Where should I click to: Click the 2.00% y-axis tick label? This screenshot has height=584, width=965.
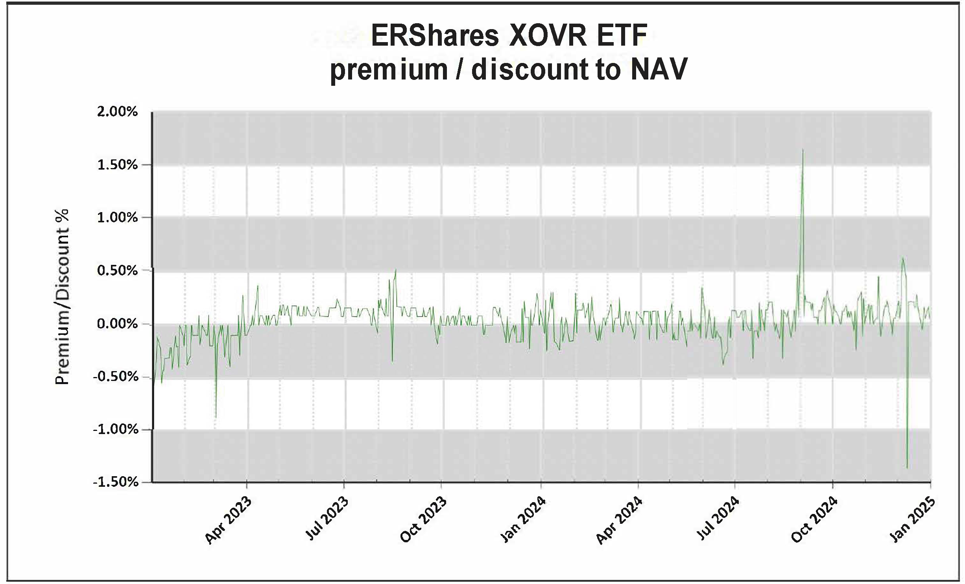tap(118, 112)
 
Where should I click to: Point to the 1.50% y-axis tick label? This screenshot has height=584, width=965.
tap(118, 165)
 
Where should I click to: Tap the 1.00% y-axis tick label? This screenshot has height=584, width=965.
tap(118, 218)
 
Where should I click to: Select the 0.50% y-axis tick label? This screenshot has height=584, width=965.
tap(118, 271)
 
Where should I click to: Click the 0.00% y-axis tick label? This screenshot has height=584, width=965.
tap(118, 324)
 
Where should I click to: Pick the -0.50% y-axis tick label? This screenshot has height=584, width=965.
tap(116, 377)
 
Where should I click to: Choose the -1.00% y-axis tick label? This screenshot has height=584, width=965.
tap(116, 429)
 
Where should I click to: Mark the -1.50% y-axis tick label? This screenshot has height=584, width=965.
tap(116, 482)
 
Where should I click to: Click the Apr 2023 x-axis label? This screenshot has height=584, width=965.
tap(229, 520)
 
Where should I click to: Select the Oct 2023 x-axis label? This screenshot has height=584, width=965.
tap(424, 520)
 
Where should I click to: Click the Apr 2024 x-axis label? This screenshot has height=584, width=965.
tap(620, 520)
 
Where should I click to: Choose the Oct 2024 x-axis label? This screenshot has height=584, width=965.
tap(815, 520)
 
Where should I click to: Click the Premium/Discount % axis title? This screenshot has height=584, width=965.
tap(62, 297)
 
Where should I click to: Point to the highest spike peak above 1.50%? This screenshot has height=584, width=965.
tap(803, 150)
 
